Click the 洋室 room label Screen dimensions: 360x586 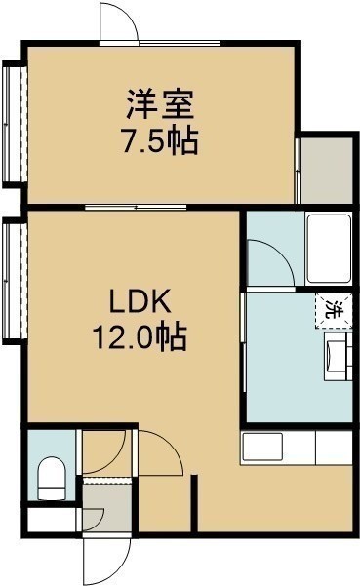click(x=160, y=103)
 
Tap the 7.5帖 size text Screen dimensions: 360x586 click(x=160, y=141)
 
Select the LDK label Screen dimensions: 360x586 click(x=140, y=301)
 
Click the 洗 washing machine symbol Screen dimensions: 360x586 click(x=334, y=311)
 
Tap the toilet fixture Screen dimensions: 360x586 click(x=52, y=479)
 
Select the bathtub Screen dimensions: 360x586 click(x=329, y=249)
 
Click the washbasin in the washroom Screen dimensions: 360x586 click(x=338, y=357)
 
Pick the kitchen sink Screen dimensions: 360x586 click(x=262, y=447)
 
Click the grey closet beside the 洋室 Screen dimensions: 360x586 click(x=327, y=171)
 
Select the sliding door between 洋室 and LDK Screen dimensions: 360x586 click(x=136, y=207)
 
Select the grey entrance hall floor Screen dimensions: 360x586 click(x=107, y=507)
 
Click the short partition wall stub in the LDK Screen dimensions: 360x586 click(x=194, y=503)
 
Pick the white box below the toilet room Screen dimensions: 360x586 click(x=52, y=520)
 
